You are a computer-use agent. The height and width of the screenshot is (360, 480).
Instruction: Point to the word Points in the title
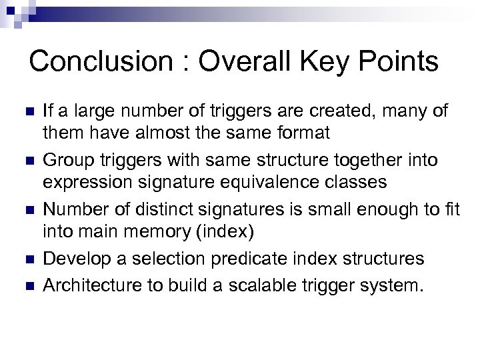[401, 61]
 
